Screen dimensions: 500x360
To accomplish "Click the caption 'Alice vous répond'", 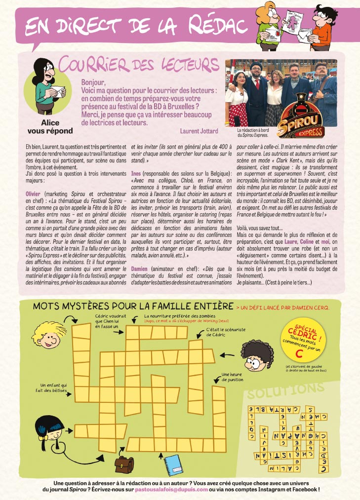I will coord(49,127).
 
